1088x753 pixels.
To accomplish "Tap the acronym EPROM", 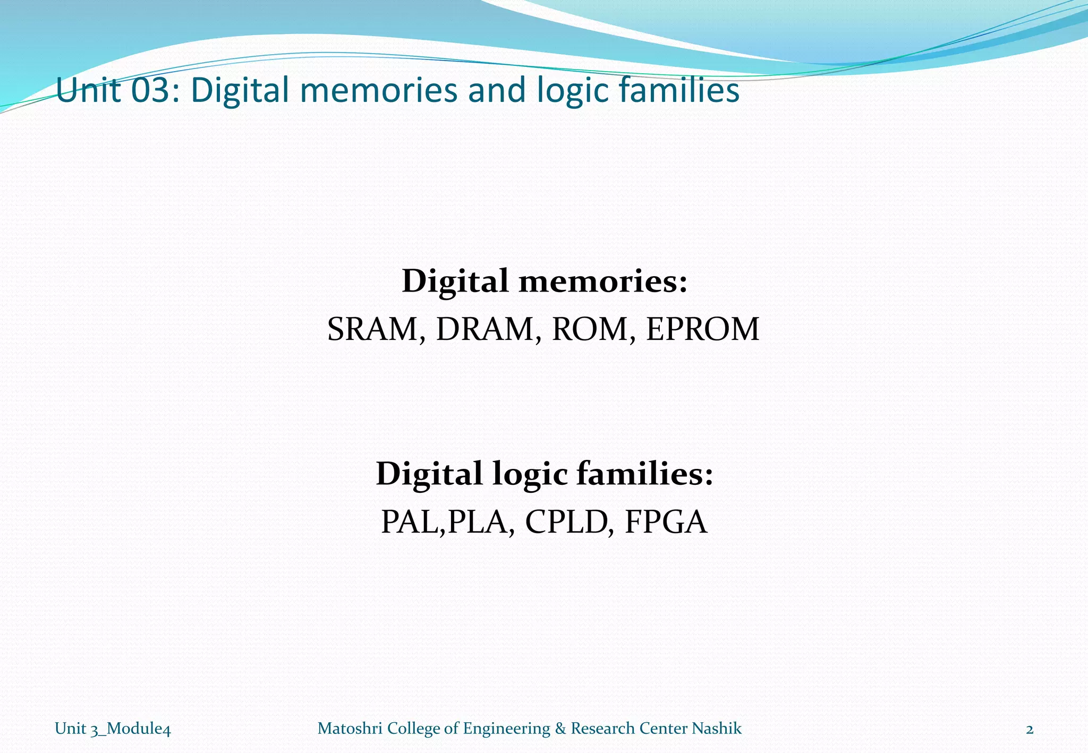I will point(702,329).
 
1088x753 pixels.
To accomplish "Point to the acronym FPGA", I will point(666,522).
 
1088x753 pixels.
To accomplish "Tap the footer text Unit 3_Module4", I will point(113,729).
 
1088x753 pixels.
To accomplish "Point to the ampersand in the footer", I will point(560,729).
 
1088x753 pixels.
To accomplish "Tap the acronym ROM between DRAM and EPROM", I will point(590,329).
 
